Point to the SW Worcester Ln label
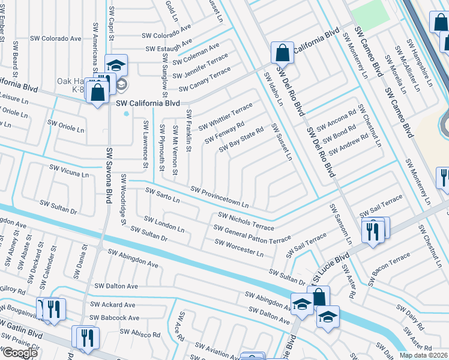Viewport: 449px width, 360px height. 239,248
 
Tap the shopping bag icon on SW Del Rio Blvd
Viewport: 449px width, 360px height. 282,53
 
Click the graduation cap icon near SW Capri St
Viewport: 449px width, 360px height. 116,65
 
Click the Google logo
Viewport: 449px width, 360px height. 20,353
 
